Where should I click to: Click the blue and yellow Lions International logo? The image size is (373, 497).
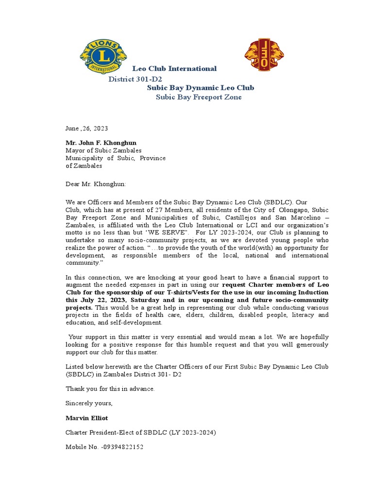[103, 57]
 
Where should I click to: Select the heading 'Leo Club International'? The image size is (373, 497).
[174, 68]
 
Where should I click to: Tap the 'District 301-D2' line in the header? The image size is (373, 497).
[135, 79]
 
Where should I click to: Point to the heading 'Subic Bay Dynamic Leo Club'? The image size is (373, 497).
[201, 88]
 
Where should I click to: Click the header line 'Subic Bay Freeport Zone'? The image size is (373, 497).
[198, 97]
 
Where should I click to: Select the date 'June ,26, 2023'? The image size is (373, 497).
[86, 129]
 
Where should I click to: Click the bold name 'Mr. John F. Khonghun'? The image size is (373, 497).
[101, 143]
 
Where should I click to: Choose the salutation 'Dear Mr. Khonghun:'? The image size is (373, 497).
[96, 184]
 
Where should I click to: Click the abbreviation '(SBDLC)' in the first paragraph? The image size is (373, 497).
[278, 202]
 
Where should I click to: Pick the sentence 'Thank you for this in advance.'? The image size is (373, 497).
[110, 388]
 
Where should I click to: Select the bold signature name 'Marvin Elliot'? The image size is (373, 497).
[86, 418]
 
